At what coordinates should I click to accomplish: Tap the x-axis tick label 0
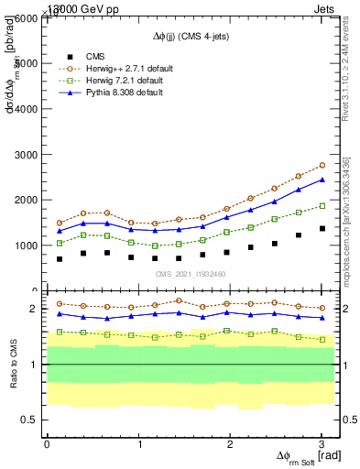point(47,444)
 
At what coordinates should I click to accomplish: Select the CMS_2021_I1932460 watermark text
point(191,274)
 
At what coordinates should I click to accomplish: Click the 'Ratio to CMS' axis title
point(12,364)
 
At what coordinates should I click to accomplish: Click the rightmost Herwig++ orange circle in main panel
point(322,165)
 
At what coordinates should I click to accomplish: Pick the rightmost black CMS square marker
point(322,228)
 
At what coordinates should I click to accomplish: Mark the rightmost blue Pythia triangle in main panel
point(322,180)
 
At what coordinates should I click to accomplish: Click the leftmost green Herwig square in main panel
point(60,243)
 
